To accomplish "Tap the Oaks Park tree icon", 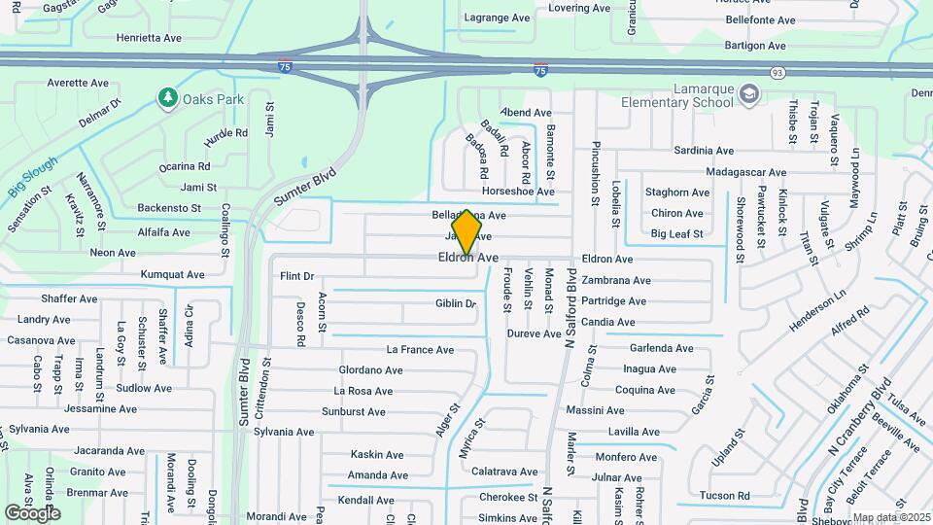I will (167, 98).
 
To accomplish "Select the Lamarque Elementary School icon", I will (749, 94).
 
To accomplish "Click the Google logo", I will (32, 512).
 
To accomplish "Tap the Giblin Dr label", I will (456, 304).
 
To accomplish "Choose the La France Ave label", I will (420, 350).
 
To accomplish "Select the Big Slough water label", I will (33, 178).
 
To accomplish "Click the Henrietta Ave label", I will (149, 38).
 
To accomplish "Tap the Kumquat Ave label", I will (172, 275).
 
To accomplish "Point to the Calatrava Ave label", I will (503, 472).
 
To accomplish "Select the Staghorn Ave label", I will (677, 192).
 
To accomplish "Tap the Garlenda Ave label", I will (661, 348).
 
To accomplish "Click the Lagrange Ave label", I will (496, 17).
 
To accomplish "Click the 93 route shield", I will (777, 73).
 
